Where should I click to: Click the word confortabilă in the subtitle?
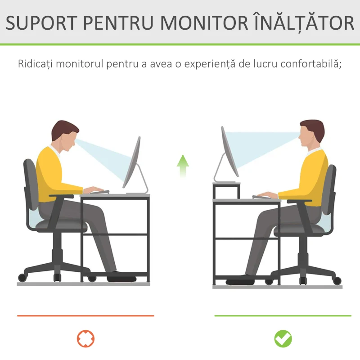[310, 63]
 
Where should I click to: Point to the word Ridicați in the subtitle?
[36, 63]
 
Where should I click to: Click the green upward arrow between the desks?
[182, 165]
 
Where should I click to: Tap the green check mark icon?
[283, 338]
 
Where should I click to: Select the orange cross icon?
[86, 338]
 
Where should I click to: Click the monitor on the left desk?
[133, 162]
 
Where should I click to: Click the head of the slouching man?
[64, 135]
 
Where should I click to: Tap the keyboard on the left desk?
[97, 193]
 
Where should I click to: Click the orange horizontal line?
[85, 316]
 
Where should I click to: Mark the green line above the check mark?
[283, 316]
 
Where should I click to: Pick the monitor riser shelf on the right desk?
[226, 184]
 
